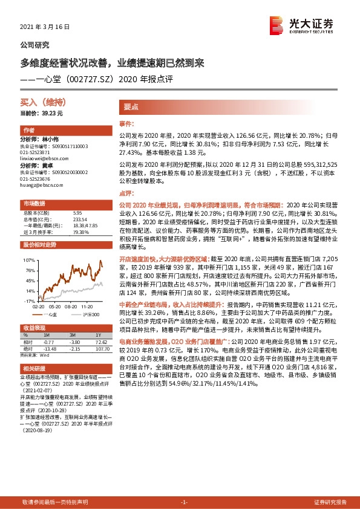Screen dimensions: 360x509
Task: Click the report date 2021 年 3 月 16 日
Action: tap(45, 27)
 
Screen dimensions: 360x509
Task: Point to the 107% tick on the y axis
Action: tap(28, 259)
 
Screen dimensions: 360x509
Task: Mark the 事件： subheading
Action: tap(126, 123)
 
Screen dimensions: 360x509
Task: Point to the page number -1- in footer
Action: tap(185, 502)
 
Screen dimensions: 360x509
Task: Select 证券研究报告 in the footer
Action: tap(330, 502)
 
